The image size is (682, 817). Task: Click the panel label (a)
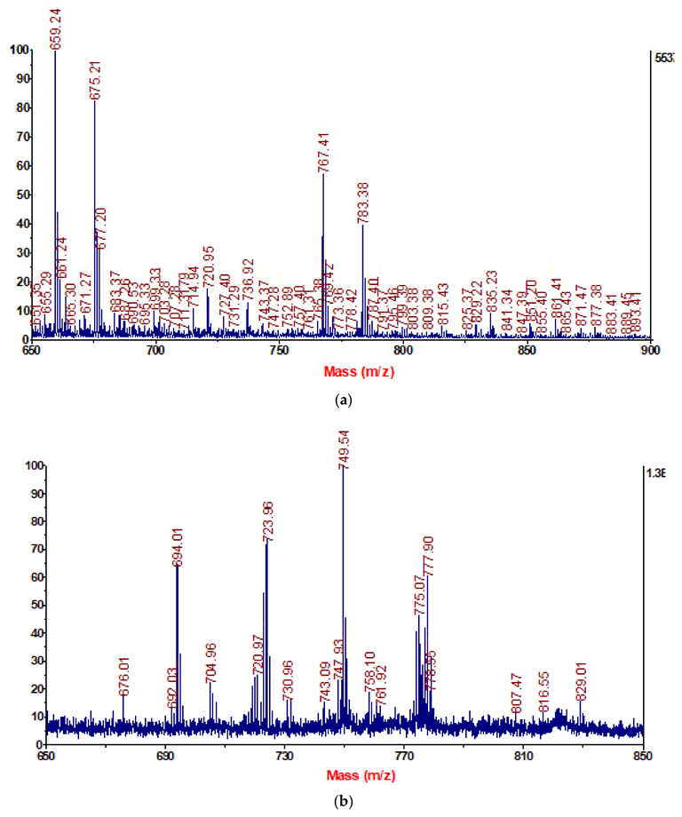click(341, 401)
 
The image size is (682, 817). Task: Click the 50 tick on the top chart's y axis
click(19, 194)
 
